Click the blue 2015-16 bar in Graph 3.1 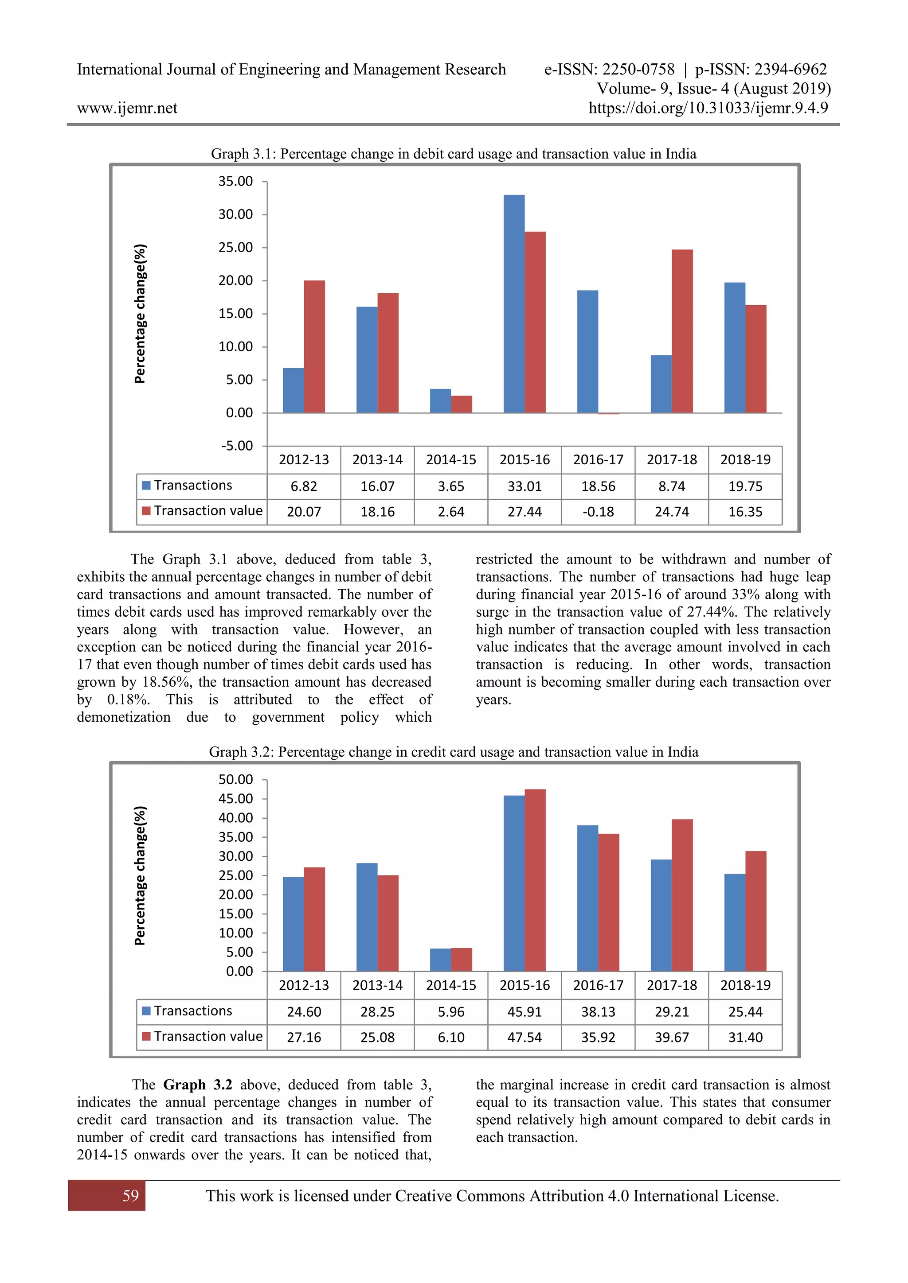pyautogui.click(x=514, y=304)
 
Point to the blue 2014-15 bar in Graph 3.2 pyautogui.click(x=440, y=960)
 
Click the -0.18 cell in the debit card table pyautogui.click(x=598, y=512)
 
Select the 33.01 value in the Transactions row pyautogui.click(x=524, y=486)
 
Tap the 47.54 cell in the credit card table pyautogui.click(x=524, y=1037)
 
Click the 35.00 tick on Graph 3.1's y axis pyautogui.click(x=235, y=182)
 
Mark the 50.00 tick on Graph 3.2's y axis pyautogui.click(x=235, y=780)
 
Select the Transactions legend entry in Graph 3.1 pyautogui.click(x=187, y=485)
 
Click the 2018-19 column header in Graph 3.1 pyautogui.click(x=745, y=460)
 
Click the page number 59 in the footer pyautogui.click(x=130, y=1196)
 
